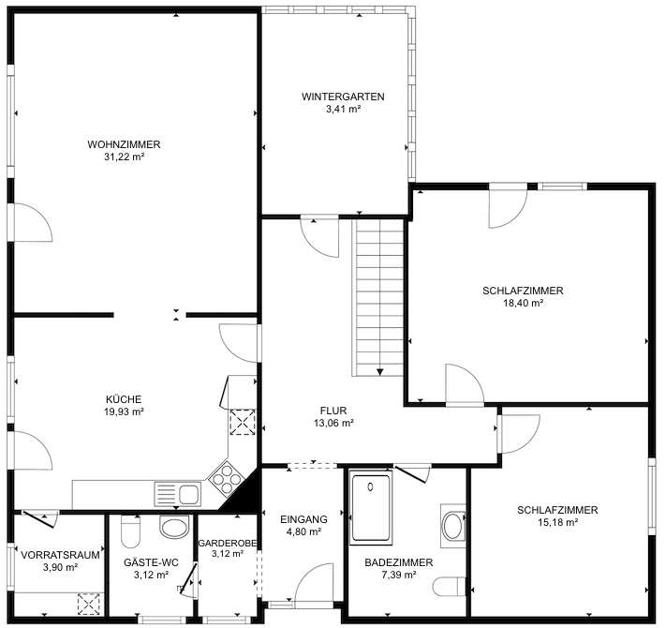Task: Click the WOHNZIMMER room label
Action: [x=124, y=144]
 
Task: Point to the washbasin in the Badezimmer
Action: [x=453, y=525]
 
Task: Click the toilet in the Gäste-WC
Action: [x=131, y=533]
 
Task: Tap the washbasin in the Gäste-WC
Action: [x=174, y=526]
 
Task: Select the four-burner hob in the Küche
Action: [x=226, y=480]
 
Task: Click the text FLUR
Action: [x=334, y=410]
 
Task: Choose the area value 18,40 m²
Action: [x=523, y=303]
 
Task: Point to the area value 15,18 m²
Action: [x=556, y=522]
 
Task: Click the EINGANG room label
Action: [x=303, y=518]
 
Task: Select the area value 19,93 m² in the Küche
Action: [x=124, y=411]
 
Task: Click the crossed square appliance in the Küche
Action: [x=243, y=423]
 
